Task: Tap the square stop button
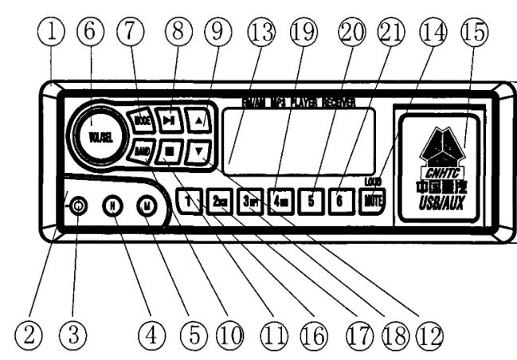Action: [x=170, y=151]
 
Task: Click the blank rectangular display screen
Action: [x=298, y=140]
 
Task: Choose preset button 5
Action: [x=312, y=200]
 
